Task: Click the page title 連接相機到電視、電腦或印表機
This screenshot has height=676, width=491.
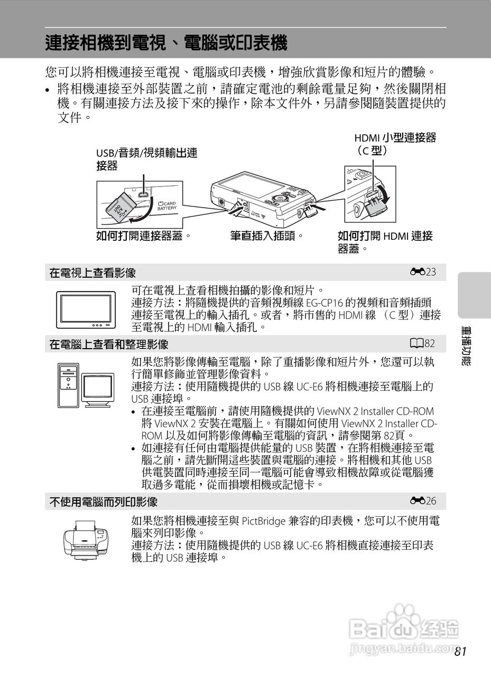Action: click(x=166, y=43)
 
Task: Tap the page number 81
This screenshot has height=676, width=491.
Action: click(x=460, y=652)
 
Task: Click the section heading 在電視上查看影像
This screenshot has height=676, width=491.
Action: click(x=92, y=273)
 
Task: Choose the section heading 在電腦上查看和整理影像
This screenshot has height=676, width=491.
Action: click(x=109, y=344)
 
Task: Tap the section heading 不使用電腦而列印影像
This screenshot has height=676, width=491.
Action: click(x=104, y=501)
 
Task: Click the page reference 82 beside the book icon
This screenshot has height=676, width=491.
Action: click(x=425, y=344)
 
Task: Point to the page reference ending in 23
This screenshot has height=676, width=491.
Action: click(x=426, y=273)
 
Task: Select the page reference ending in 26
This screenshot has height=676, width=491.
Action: click(x=426, y=501)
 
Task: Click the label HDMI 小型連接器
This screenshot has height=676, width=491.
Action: click(x=395, y=138)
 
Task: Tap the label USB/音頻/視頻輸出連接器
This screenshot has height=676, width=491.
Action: click(x=146, y=159)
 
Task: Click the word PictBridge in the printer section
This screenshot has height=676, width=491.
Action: click(x=264, y=521)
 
